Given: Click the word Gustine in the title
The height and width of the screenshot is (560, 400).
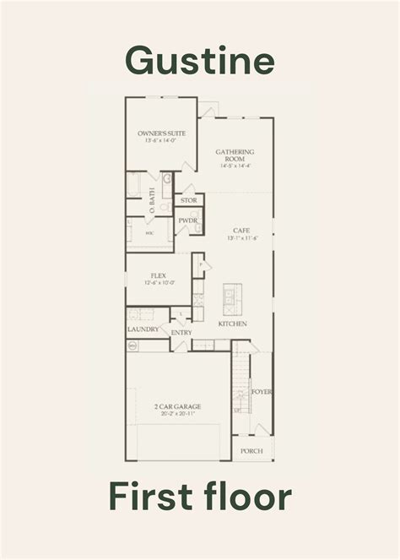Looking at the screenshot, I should point(200,60).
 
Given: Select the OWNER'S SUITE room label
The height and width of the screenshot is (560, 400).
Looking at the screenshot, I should point(161,133).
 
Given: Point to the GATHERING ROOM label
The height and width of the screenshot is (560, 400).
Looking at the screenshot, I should point(235,156).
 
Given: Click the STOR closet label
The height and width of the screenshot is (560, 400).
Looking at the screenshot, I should point(188,200).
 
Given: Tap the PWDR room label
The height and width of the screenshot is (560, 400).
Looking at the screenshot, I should point(187,220).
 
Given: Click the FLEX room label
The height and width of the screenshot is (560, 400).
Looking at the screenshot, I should point(158,275).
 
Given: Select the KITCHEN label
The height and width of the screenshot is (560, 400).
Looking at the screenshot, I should point(232,324).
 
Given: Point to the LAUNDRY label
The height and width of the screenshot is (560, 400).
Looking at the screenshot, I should point(143,329).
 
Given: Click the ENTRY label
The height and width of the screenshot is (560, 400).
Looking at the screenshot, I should point(181,333).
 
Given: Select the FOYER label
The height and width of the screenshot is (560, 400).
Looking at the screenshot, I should point(262,392).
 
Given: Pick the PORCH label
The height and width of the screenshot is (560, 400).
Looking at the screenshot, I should point(251,451).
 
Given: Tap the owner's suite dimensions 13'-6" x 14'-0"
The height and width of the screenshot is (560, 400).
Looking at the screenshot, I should point(161,141).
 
